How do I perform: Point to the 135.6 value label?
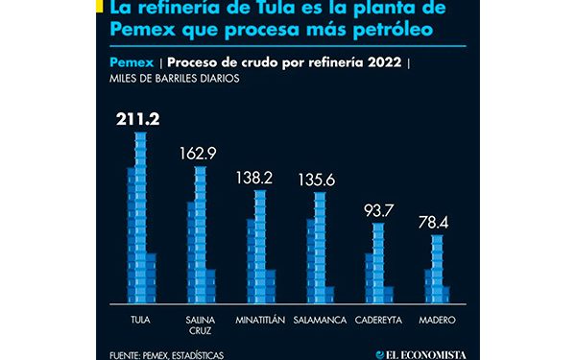point(318,180)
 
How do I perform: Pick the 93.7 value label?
point(376,210)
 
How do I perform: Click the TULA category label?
point(140,319)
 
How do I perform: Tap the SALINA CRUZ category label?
point(200,324)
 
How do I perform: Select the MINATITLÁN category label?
point(258,319)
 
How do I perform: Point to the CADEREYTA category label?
point(376,319)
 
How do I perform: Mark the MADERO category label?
point(436,319)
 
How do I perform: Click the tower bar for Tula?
point(140,221)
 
